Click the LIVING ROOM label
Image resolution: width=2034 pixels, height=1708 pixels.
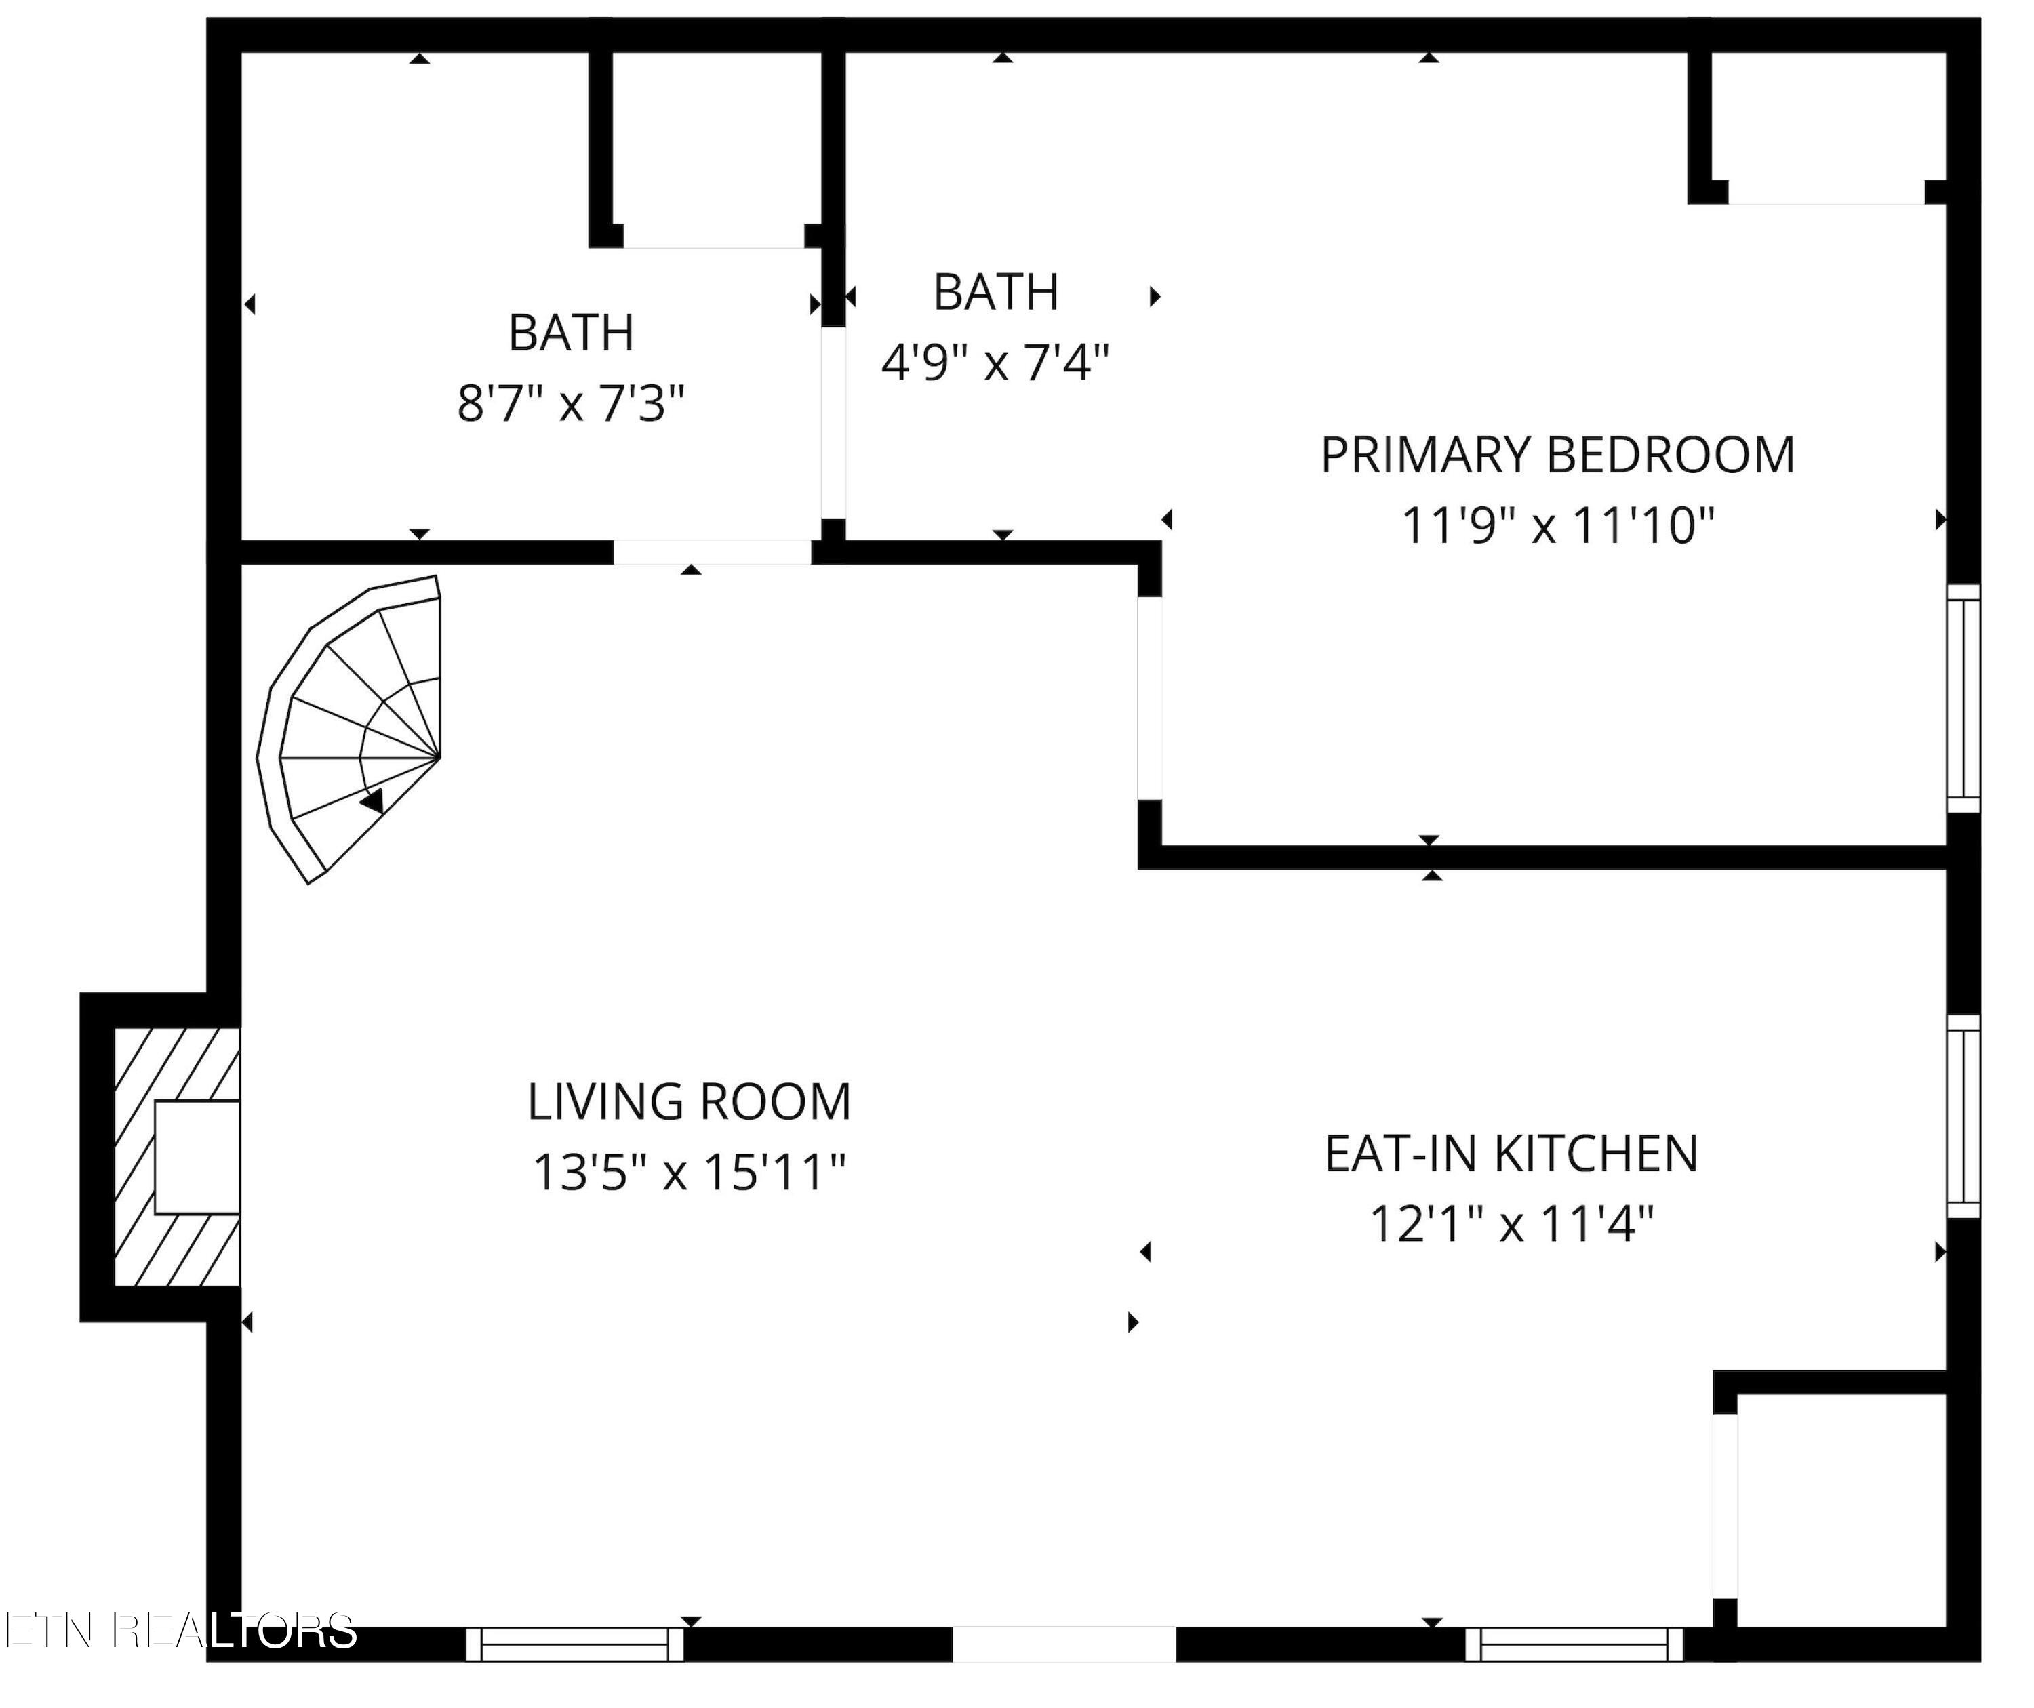click(689, 1102)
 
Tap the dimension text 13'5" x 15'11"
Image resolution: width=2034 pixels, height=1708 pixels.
click(689, 1173)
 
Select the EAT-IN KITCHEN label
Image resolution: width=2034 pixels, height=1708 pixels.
click(1511, 1153)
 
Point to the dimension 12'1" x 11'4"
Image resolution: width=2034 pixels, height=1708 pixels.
click(1511, 1224)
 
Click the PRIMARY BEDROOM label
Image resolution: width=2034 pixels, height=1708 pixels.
click(1557, 455)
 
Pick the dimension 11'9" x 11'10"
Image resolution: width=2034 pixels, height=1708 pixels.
click(1557, 527)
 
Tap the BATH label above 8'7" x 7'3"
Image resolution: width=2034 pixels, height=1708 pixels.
click(572, 333)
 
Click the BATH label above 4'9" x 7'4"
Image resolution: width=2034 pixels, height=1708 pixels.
click(996, 292)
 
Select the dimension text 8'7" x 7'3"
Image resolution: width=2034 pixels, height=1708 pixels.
click(572, 404)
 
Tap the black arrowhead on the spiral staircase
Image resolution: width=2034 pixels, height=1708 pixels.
click(373, 800)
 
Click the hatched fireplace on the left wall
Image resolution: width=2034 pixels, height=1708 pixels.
click(177, 1157)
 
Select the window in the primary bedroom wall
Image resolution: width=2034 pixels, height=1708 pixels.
click(1963, 698)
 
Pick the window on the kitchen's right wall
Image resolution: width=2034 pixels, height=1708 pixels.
click(1963, 1116)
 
